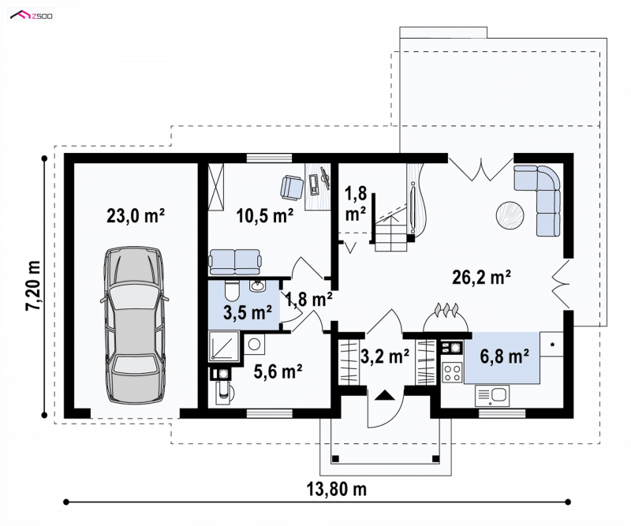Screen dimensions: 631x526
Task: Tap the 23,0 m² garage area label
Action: [136, 216]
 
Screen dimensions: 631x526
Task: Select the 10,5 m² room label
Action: [265, 216]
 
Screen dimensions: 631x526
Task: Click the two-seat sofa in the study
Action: [234, 262]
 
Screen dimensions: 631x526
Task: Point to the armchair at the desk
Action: [291, 188]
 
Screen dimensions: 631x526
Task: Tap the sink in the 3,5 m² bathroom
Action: [257, 286]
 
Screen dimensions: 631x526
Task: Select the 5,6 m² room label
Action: [278, 371]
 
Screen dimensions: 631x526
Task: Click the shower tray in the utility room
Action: [224, 346]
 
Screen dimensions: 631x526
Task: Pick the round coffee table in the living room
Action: [510, 216]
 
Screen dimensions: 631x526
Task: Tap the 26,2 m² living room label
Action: [482, 278]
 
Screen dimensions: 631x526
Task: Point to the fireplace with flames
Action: [446, 318]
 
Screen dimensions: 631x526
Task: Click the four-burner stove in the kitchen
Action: [452, 372]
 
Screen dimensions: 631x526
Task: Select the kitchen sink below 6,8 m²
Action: [492, 396]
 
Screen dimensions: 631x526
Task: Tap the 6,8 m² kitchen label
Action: [505, 356]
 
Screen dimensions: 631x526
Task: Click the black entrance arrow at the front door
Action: [385, 395]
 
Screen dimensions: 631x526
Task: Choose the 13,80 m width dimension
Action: [337, 490]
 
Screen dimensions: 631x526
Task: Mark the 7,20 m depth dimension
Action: [34, 285]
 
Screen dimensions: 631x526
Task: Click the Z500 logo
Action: [32, 16]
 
